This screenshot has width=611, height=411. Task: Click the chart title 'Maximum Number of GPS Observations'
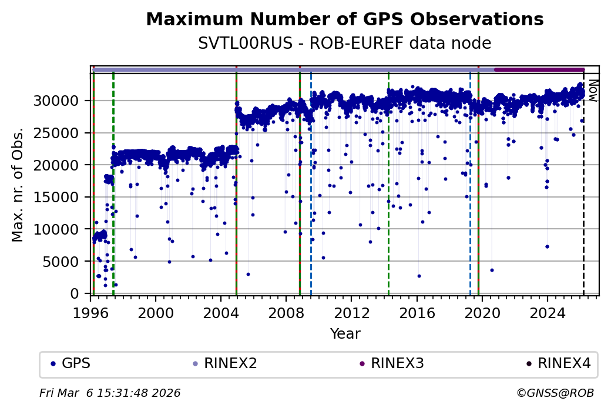(x=344, y=19)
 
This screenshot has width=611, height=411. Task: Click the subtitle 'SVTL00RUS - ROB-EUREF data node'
(x=344, y=44)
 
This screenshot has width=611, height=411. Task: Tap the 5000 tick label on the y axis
(x=65, y=261)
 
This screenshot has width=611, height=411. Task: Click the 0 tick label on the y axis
(x=75, y=293)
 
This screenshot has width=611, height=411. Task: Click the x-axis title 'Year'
(x=345, y=334)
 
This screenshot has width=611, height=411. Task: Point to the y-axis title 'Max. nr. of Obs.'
(x=18, y=184)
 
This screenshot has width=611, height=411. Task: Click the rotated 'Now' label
(x=593, y=91)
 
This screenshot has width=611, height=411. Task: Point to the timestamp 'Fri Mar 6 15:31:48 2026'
(x=110, y=393)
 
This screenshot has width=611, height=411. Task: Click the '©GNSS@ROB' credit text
(x=555, y=393)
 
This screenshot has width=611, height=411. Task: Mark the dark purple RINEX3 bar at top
(x=539, y=69)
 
